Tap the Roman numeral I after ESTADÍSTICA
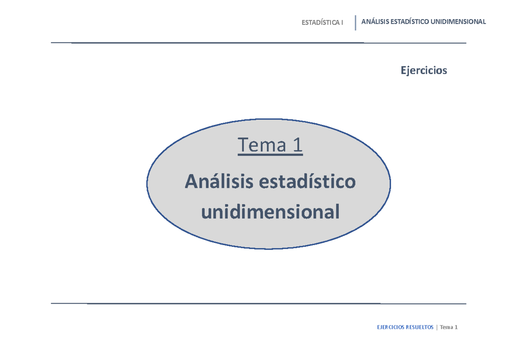click(342, 22)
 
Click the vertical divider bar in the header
click(355, 22)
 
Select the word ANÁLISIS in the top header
click(375, 22)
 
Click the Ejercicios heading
click(424, 70)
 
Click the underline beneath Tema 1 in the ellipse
click(270, 155)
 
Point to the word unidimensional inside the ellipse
click(270, 212)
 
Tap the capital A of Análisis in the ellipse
click(191, 182)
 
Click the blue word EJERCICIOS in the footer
click(391, 327)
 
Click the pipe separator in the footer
click(437, 327)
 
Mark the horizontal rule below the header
click(258, 43)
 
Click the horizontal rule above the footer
click(258, 304)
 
